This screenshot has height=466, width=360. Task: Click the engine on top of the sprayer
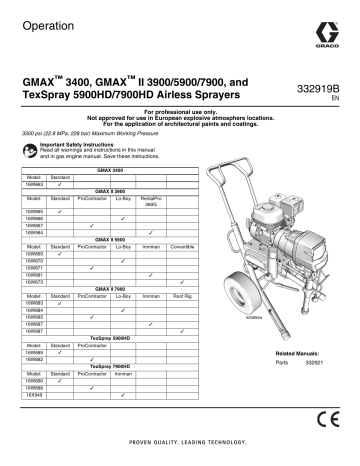[300, 218]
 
